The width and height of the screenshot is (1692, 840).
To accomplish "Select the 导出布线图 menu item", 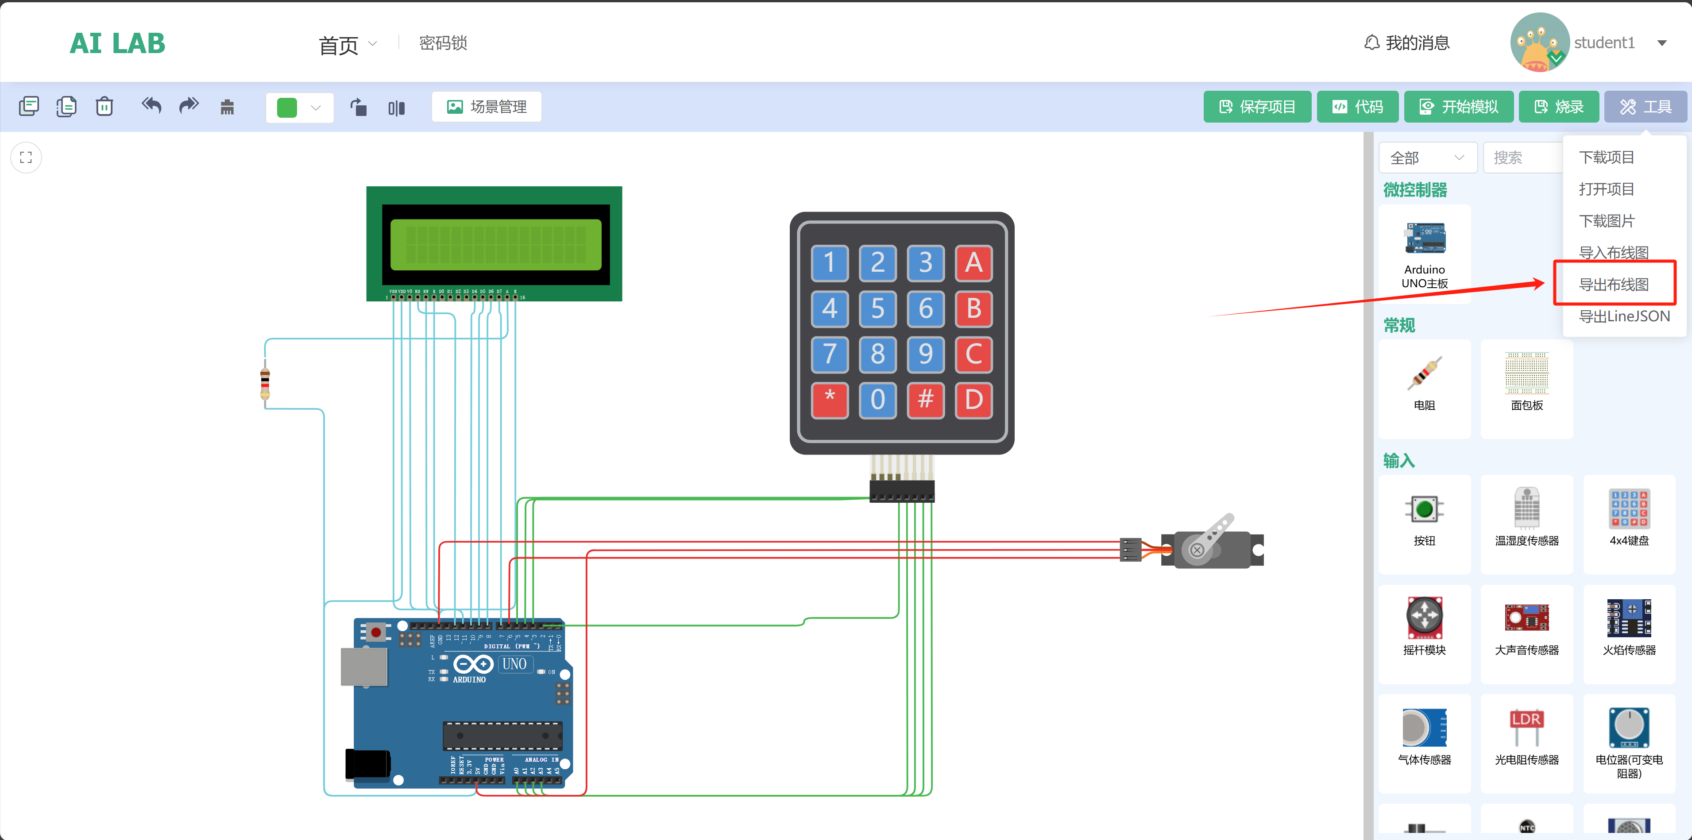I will [1613, 285].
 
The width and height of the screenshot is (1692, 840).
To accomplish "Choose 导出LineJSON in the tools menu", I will [1624, 316].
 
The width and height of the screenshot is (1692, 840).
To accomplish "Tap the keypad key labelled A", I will [973, 263].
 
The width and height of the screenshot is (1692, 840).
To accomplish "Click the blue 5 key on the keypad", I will [877, 308].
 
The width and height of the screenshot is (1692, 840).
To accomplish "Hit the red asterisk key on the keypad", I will [830, 399].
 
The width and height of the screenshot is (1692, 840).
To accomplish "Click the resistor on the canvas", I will [265, 384].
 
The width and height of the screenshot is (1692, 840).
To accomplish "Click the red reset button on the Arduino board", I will [376, 632].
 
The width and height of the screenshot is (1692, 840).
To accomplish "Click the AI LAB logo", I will [118, 43].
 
